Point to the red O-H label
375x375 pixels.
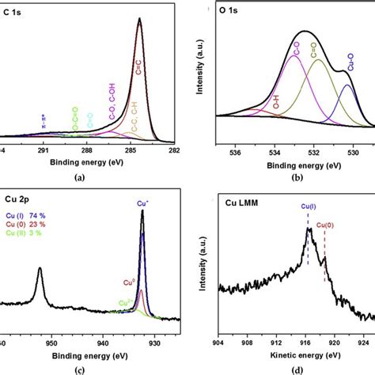tap(276, 102)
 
